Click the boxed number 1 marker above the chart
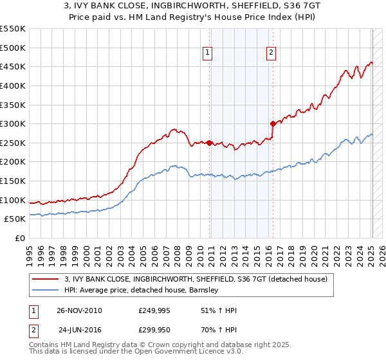[x=208, y=53]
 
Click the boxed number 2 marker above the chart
[x=271, y=53]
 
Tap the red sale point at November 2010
[x=210, y=143]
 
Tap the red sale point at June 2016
[x=273, y=123]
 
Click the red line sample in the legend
[x=46, y=279]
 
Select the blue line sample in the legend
[x=46, y=290]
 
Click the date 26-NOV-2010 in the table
[x=79, y=310]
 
